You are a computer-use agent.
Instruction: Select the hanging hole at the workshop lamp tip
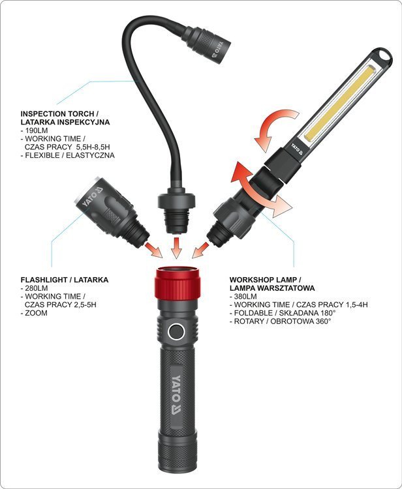coord(383,57)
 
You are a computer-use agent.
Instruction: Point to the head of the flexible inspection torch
coord(207,44)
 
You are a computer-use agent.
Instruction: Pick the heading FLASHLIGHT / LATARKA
coord(65,280)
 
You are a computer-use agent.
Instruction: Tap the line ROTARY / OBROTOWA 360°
coord(280,321)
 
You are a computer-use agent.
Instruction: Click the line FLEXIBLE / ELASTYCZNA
coord(68,155)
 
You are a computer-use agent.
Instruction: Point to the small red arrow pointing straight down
coord(177,248)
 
